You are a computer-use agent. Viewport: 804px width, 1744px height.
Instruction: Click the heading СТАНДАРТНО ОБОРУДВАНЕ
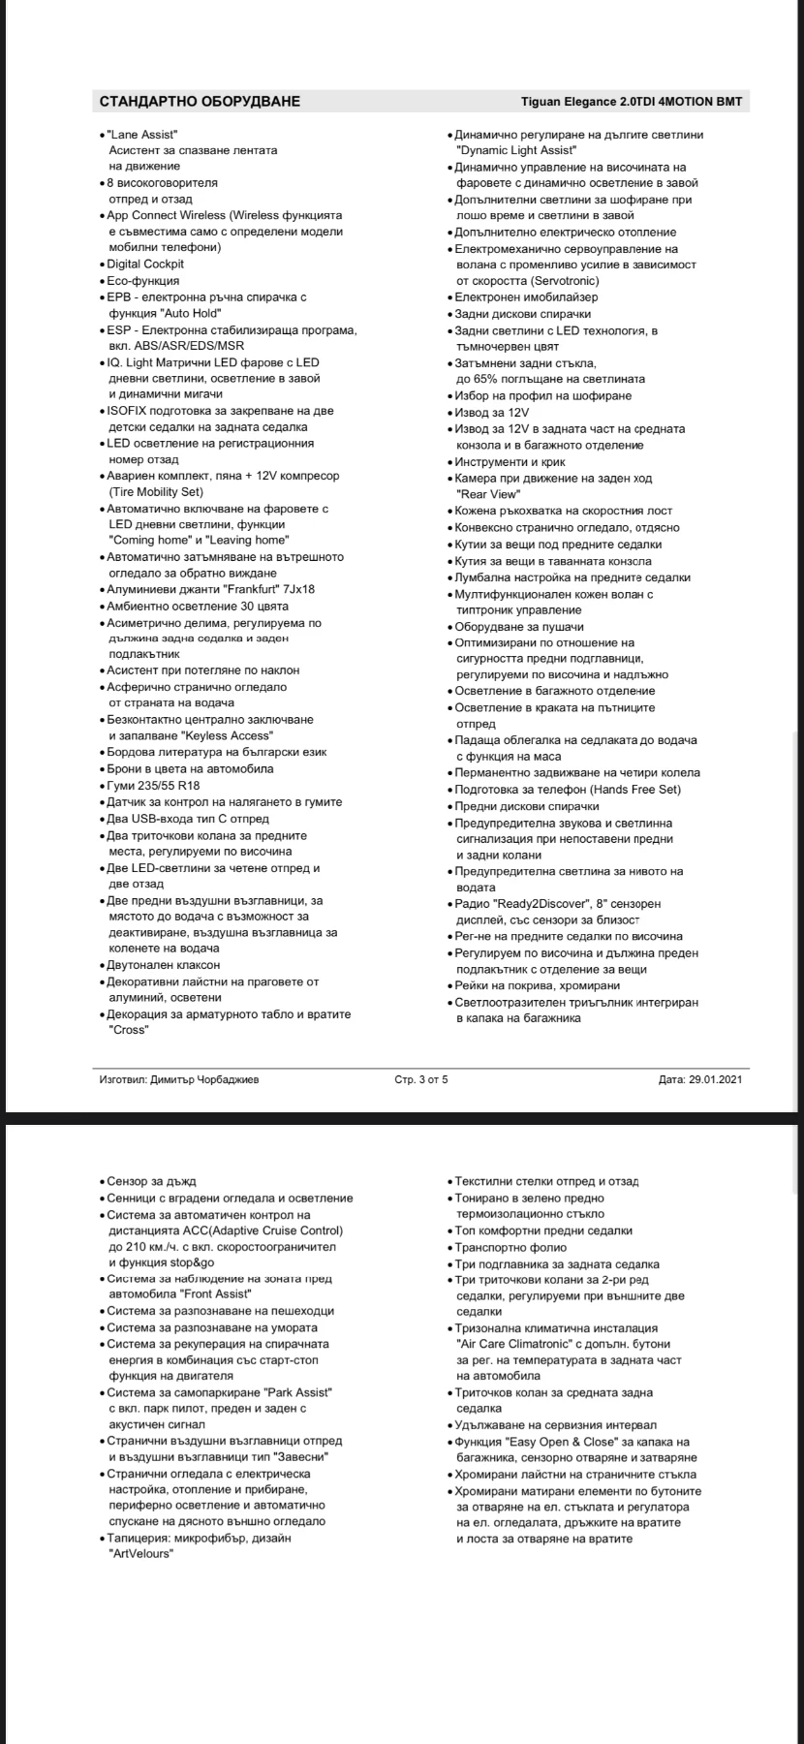[x=200, y=102]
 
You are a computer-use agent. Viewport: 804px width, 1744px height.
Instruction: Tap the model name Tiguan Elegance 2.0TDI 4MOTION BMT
[x=632, y=102]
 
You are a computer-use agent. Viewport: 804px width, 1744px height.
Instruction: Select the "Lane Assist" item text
[x=142, y=135]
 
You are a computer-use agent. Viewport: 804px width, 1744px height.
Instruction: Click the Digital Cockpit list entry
[x=145, y=264]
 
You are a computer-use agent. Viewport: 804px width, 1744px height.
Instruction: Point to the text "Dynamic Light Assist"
[x=517, y=150]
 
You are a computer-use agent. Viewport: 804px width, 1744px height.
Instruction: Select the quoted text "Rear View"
[x=486, y=494]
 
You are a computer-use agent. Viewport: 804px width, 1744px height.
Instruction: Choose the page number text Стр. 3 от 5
[x=421, y=1079]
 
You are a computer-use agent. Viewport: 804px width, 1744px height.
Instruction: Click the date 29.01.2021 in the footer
[x=716, y=1079]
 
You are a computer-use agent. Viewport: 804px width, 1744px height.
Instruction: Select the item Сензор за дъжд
[x=151, y=1181]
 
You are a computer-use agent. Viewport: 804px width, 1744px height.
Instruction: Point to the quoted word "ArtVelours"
[x=141, y=1553]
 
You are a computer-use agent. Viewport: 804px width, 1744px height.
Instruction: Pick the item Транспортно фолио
[x=510, y=1247]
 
